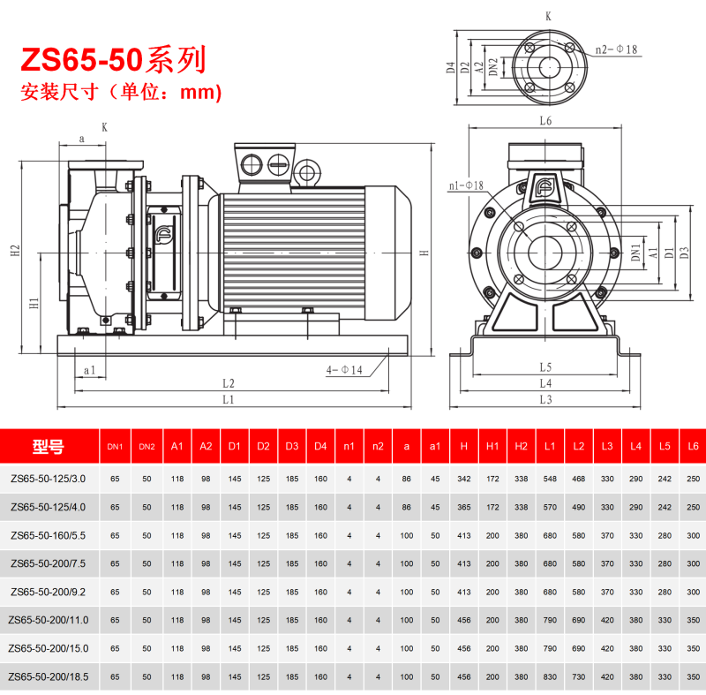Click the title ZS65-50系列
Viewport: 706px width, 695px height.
pos(113,59)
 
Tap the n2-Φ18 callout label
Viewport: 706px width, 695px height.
pos(616,49)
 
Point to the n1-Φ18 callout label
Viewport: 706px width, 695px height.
pos(466,185)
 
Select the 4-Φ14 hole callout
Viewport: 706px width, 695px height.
pos(344,370)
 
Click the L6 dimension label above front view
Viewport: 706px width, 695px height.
pos(545,121)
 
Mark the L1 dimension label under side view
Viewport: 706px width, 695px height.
pos(229,399)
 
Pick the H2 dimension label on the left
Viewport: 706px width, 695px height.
pos(15,251)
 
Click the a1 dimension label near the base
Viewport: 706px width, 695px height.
pos(90,370)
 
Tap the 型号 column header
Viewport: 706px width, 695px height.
pos(49,446)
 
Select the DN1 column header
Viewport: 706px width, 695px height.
pos(115,447)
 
